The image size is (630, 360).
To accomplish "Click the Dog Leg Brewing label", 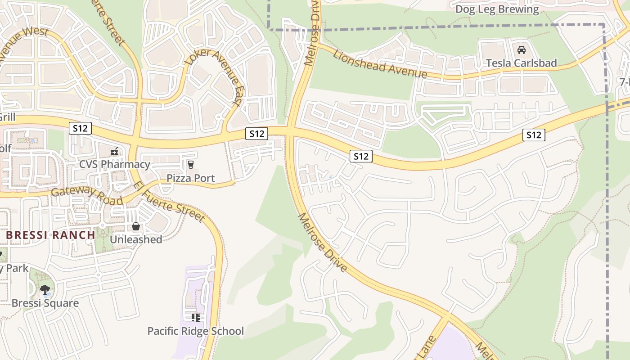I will pyautogui.click(x=497, y=9).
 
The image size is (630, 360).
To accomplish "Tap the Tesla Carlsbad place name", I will pyautogui.click(x=521, y=63).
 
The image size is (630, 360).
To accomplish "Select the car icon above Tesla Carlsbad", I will pyautogui.click(x=521, y=50).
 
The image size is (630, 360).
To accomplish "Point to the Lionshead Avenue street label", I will pyautogui.click(x=379, y=64).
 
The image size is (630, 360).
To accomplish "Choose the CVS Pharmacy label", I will pyautogui.click(x=115, y=164).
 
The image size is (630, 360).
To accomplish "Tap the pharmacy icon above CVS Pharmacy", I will pyautogui.click(x=115, y=151).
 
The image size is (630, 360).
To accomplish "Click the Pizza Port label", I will pyautogui.click(x=191, y=178).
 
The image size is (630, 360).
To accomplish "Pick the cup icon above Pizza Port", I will pyautogui.click(x=191, y=165).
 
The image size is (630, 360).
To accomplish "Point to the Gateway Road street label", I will pyautogui.click(x=87, y=195).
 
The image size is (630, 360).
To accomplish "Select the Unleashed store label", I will pyautogui.click(x=136, y=239).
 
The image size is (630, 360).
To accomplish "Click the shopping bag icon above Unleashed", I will pyautogui.click(x=136, y=226).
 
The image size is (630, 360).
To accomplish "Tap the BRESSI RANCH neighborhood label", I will pyautogui.click(x=50, y=235).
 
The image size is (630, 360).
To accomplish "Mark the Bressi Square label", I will pyautogui.click(x=45, y=303).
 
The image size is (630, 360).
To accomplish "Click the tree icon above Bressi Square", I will pyautogui.click(x=45, y=290).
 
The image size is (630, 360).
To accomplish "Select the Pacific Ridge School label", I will pyautogui.click(x=196, y=332).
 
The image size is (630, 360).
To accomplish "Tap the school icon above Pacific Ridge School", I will pyautogui.click(x=196, y=318).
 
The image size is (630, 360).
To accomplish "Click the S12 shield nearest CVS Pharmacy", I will pyautogui.click(x=81, y=128).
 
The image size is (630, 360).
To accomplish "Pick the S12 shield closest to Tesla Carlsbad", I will pyautogui.click(x=534, y=135).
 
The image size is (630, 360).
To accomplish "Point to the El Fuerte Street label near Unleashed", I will pyautogui.click(x=169, y=202).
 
